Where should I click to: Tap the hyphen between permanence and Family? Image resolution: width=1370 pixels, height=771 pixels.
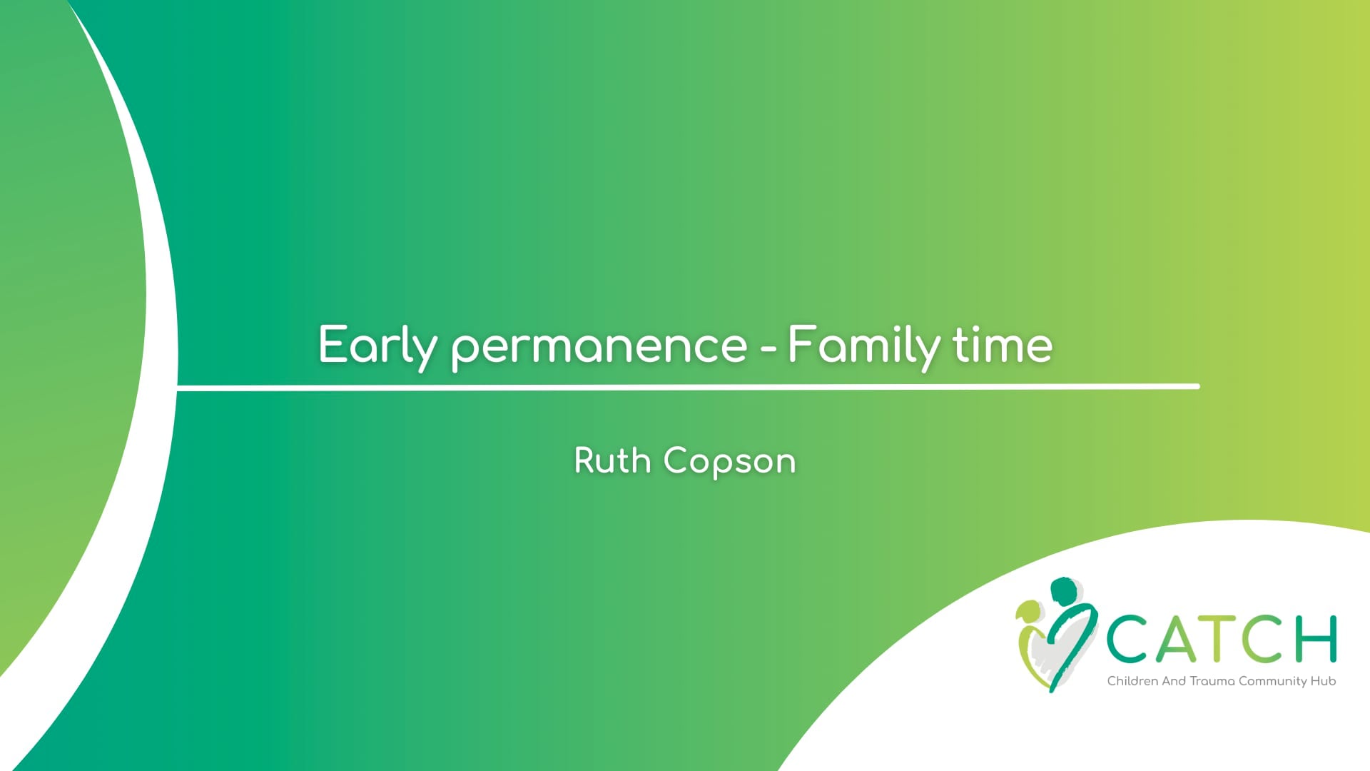(x=768, y=349)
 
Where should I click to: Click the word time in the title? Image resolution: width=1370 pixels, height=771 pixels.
(x=1003, y=346)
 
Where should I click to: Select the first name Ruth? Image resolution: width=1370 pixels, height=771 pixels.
(x=612, y=460)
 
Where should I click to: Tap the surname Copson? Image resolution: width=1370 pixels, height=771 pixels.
(x=729, y=463)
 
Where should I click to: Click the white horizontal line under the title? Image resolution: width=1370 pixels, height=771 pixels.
(x=689, y=387)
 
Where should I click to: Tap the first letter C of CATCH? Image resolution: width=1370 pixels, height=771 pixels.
(x=1129, y=639)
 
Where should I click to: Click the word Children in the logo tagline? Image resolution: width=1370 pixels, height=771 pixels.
(x=1132, y=681)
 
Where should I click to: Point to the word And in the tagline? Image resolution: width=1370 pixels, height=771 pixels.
(x=1174, y=681)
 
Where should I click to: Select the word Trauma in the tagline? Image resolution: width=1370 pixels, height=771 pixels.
(x=1212, y=681)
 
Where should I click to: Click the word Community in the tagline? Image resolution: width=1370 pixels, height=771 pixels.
(x=1272, y=682)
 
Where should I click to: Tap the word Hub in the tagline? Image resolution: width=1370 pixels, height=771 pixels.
(x=1323, y=681)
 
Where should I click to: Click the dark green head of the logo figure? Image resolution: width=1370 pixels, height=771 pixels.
(x=1064, y=591)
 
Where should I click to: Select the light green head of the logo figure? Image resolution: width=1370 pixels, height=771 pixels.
(x=1028, y=611)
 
